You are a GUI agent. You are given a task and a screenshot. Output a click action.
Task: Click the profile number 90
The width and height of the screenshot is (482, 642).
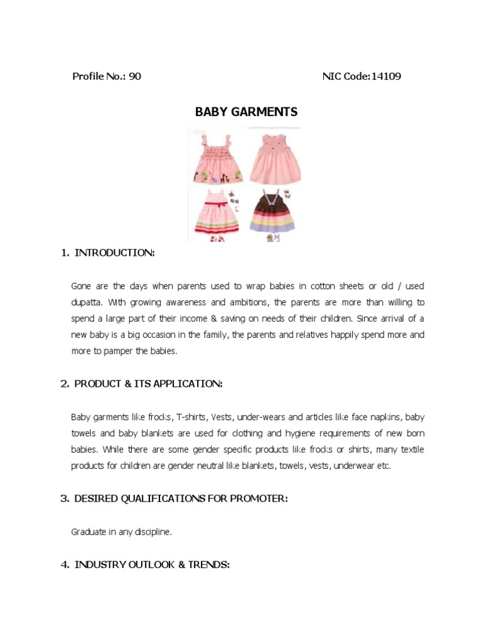(x=135, y=76)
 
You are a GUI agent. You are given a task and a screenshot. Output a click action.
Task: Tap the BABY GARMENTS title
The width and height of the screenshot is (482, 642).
(x=246, y=112)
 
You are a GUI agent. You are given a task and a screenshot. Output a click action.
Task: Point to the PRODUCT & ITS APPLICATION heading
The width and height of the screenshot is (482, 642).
(x=148, y=384)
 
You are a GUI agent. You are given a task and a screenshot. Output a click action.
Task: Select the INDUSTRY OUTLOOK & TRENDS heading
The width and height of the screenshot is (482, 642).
(x=152, y=565)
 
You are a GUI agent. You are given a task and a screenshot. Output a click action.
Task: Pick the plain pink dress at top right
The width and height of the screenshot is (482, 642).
(x=275, y=158)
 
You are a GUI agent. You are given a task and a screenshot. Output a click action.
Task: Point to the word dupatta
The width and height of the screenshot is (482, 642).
(x=87, y=302)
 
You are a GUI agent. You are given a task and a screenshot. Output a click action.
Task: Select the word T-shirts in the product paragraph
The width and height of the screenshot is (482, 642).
(x=191, y=417)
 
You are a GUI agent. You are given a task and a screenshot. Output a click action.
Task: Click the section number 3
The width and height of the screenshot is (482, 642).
(x=64, y=498)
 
